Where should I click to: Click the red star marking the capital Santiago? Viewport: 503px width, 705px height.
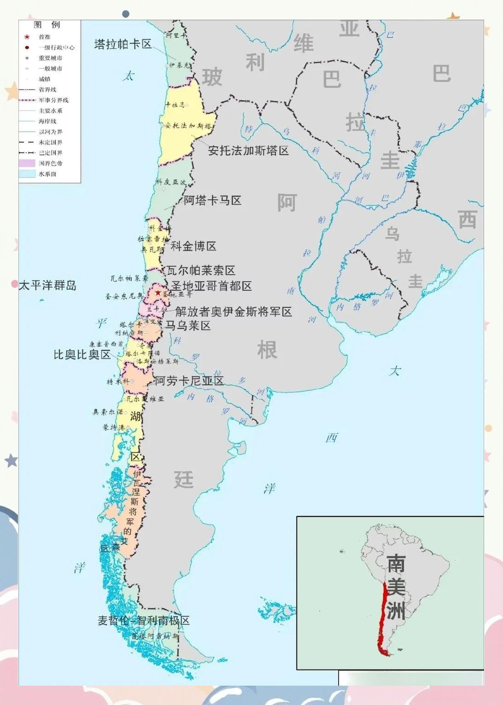click(x=158, y=293)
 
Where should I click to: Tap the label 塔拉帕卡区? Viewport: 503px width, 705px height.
click(x=123, y=44)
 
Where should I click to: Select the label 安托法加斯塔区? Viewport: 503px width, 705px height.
click(x=248, y=150)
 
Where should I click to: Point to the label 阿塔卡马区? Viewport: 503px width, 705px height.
click(x=212, y=200)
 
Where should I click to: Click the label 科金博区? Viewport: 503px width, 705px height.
click(x=193, y=246)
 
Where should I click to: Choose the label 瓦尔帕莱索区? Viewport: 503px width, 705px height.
click(x=201, y=270)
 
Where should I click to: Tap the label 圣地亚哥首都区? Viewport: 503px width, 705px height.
click(x=211, y=286)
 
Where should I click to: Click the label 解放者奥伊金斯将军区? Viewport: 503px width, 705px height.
click(x=234, y=312)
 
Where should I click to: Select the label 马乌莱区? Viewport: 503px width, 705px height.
click(x=188, y=326)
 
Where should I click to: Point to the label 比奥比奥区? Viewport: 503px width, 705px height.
click(x=82, y=354)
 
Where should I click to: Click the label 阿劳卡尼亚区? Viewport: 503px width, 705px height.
click(x=189, y=381)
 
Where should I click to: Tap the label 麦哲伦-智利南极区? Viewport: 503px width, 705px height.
click(x=144, y=620)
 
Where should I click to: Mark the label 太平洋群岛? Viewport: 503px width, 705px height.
click(x=47, y=285)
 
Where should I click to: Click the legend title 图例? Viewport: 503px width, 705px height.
click(x=47, y=25)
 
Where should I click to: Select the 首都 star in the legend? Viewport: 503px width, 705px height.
click(x=27, y=37)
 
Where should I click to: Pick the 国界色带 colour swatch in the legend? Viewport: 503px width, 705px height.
click(x=27, y=163)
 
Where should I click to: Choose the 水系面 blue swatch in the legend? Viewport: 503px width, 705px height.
click(x=27, y=174)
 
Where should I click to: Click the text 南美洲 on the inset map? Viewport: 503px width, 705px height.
click(x=396, y=587)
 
